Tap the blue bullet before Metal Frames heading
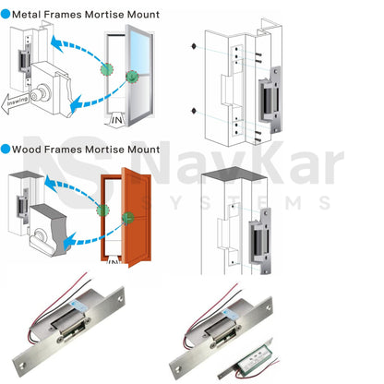pyautogui.click(x=6, y=15)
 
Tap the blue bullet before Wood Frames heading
pyautogui.click(x=6, y=149)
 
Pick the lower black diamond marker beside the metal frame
pyautogui.click(x=193, y=112)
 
